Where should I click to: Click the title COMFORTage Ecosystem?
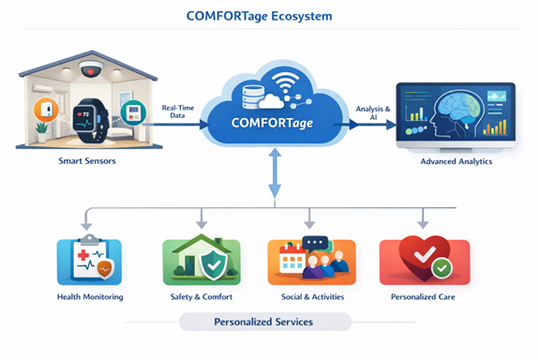(270, 17)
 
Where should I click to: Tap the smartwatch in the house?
(85, 120)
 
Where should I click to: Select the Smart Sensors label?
(83, 162)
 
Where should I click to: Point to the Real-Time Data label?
(178, 113)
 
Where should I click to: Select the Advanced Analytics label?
(457, 162)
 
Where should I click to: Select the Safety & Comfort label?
(202, 296)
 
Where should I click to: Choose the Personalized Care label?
(424, 296)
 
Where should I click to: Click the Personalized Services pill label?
(266, 322)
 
